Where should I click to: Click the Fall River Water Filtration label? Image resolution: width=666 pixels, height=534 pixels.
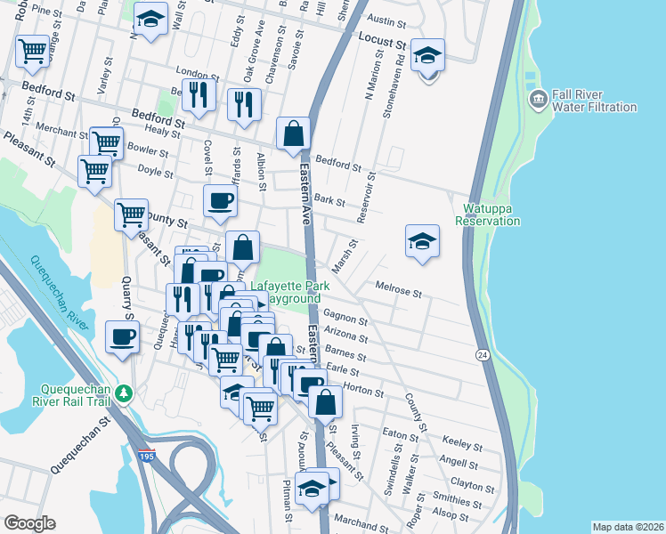[x=595, y=101]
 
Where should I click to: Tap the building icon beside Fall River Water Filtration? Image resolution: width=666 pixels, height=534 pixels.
[x=537, y=98]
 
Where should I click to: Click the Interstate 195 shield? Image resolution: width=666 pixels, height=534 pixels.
[x=147, y=456]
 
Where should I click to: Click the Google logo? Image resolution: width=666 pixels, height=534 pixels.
[x=29, y=523]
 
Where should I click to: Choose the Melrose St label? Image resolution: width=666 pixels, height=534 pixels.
[x=397, y=288]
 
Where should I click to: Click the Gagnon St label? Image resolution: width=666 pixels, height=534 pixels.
[x=345, y=317]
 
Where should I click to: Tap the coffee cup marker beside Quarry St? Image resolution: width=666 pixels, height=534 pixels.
[x=122, y=337]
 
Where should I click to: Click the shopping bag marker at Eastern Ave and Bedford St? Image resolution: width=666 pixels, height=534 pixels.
[x=293, y=134]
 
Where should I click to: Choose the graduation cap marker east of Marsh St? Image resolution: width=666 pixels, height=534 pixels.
[x=422, y=241]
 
